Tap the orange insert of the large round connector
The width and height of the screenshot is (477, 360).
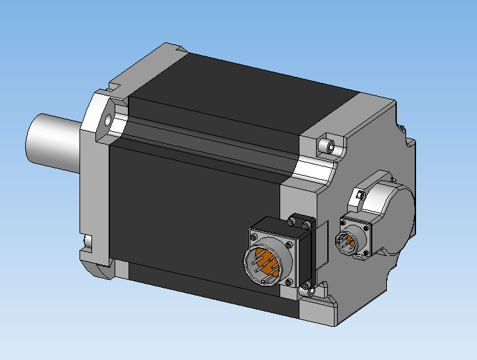(265, 265)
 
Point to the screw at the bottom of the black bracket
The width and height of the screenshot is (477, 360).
(305, 286)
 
